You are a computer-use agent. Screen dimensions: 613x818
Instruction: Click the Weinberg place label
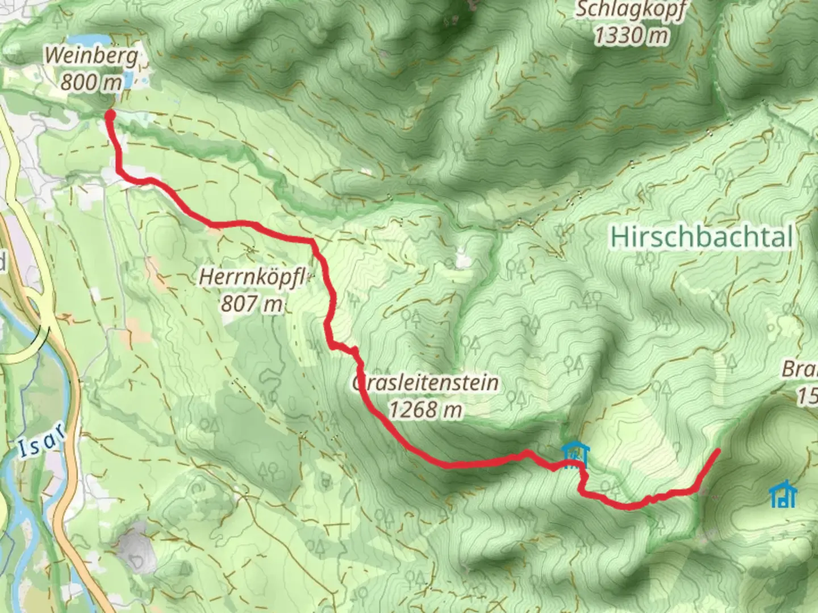point(91,56)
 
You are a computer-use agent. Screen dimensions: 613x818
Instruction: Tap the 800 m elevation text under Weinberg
point(91,83)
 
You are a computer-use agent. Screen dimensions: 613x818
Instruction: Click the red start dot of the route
point(110,115)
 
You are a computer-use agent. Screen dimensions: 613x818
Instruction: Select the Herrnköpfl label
point(253,278)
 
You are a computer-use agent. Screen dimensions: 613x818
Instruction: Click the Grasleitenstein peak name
point(425,383)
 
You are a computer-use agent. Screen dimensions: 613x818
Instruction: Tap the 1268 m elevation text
point(425,409)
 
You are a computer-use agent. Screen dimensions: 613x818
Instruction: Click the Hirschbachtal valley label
point(701,237)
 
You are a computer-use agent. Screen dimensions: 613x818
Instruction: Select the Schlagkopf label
point(631,10)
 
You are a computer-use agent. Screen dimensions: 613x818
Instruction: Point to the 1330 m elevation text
point(631,35)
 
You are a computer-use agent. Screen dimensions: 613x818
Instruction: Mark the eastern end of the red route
point(718,451)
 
